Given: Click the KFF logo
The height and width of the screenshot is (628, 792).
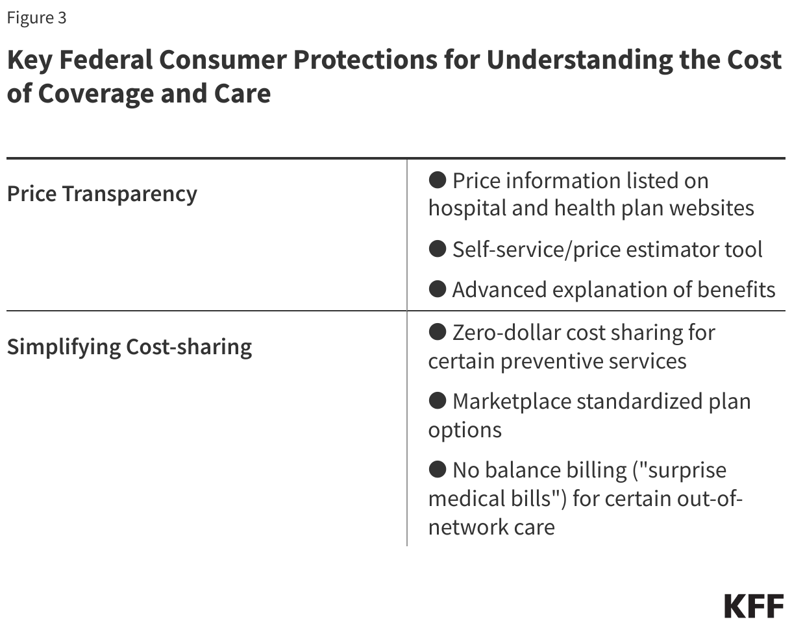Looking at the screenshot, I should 754,606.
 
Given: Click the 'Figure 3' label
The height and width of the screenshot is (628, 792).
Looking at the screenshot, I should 36,18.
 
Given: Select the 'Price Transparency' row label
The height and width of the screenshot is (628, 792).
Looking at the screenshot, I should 102,194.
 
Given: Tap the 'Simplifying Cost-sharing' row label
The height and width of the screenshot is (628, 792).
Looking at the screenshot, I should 129,346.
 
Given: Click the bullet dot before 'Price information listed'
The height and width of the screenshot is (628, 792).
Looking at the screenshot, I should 438,180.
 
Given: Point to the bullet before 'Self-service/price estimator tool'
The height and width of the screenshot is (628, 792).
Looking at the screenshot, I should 438,248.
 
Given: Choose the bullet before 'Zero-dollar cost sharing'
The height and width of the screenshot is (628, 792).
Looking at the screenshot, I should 438,332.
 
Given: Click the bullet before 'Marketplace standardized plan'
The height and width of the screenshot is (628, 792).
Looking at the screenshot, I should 438,401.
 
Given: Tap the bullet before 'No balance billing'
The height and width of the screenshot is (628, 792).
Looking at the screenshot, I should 438,469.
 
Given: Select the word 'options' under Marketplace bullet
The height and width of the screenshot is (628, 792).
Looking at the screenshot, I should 465,430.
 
